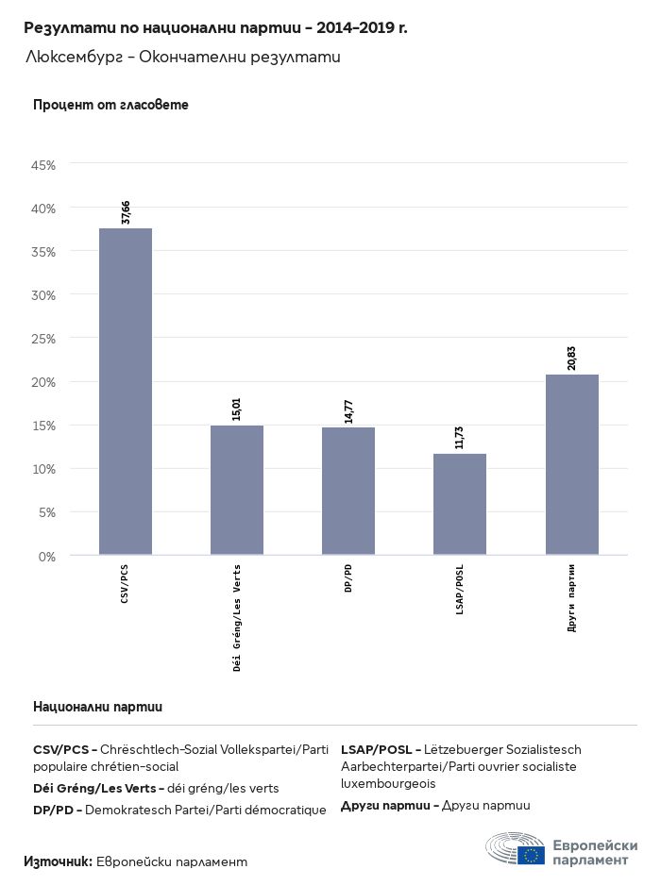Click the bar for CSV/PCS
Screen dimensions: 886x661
click(x=126, y=392)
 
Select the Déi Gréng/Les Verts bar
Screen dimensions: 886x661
click(x=237, y=490)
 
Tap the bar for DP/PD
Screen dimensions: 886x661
click(x=348, y=491)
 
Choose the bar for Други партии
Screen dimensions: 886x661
click(x=571, y=464)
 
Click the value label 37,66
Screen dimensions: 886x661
click(x=126, y=212)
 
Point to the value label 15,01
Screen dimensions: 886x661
click(x=237, y=409)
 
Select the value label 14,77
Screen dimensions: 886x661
click(x=348, y=410)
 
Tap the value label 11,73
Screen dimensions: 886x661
click(x=460, y=437)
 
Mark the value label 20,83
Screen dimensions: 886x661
click(x=571, y=358)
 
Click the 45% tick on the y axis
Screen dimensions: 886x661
click(x=44, y=165)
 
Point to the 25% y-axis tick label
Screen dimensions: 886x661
click(x=44, y=339)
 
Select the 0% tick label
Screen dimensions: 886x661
click(x=48, y=557)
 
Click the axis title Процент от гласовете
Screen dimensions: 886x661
click(x=110, y=105)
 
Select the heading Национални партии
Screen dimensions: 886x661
click(x=97, y=706)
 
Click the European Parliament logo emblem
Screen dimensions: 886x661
click(x=515, y=849)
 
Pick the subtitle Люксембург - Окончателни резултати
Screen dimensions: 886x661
click(x=182, y=58)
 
